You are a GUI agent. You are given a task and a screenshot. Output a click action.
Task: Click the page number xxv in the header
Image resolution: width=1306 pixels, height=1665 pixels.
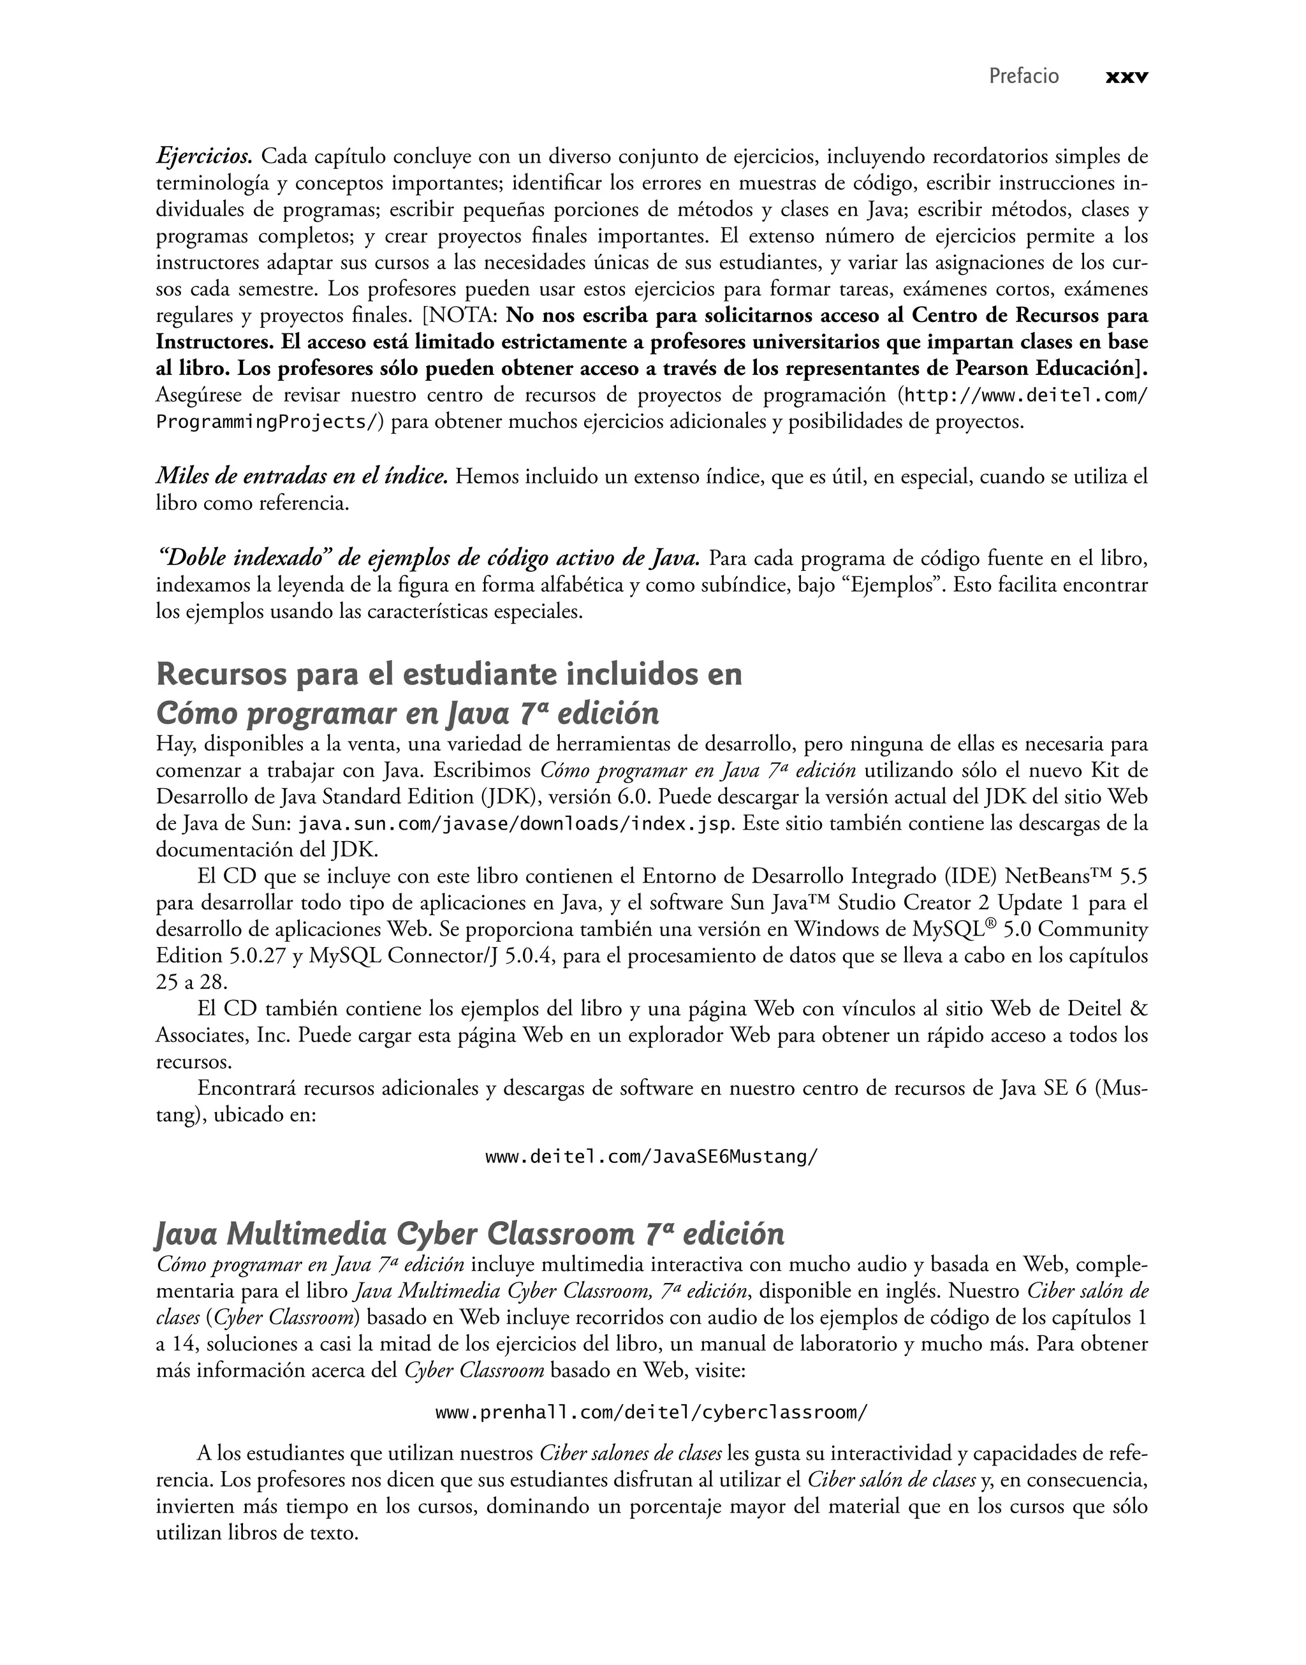(x=1126, y=77)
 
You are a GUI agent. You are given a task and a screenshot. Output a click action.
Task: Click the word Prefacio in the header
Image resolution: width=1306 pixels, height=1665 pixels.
(x=1024, y=77)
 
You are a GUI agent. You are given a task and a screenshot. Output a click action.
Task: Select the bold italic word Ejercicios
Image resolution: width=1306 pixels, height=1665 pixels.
(x=204, y=158)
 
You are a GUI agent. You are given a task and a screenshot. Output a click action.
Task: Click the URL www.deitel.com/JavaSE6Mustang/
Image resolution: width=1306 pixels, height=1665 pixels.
(x=652, y=1157)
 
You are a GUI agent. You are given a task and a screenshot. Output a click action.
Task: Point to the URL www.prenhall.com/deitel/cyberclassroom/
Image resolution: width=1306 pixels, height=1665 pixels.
(x=652, y=1412)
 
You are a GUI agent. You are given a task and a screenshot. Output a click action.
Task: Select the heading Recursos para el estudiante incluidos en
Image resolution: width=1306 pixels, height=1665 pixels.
(x=449, y=675)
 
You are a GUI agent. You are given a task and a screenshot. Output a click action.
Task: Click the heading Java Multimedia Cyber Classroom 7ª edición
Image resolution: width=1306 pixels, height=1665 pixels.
(x=470, y=1235)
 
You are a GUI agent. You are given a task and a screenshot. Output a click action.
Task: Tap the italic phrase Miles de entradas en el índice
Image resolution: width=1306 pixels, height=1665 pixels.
(x=301, y=477)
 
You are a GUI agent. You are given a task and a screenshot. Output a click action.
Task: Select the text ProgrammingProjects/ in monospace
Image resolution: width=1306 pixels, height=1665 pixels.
(x=267, y=422)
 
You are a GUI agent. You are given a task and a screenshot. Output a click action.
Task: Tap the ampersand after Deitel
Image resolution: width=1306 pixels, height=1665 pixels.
(x=1138, y=1009)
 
